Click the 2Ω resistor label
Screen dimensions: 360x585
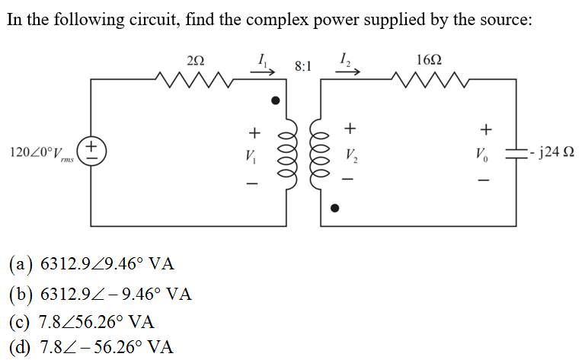[x=195, y=59]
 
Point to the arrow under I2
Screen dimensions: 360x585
[x=347, y=70]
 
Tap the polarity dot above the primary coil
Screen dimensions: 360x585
[x=277, y=100]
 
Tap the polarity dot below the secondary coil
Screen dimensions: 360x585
[x=332, y=207]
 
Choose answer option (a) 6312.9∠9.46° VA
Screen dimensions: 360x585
[x=91, y=265]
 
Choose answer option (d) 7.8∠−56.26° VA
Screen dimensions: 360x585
[x=91, y=348]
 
